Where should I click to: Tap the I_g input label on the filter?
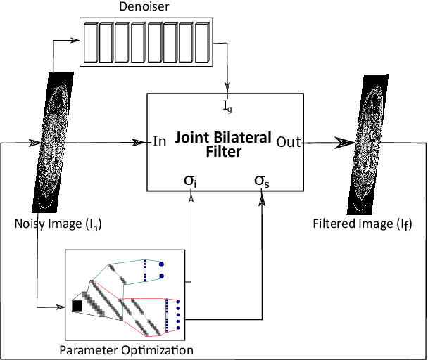tap(227, 107)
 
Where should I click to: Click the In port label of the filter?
tap(159, 142)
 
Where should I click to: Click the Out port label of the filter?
tap(289, 142)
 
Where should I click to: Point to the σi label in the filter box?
tap(190, 181)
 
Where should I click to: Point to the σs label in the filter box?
tap(261, 181)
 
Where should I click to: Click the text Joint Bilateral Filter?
tap(223, 143)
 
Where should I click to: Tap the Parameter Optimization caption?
tap(127, 349)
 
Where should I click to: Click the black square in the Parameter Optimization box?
tap(77, 305)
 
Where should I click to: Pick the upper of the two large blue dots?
tap(161, 264)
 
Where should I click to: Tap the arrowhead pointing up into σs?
tap(262, 198)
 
